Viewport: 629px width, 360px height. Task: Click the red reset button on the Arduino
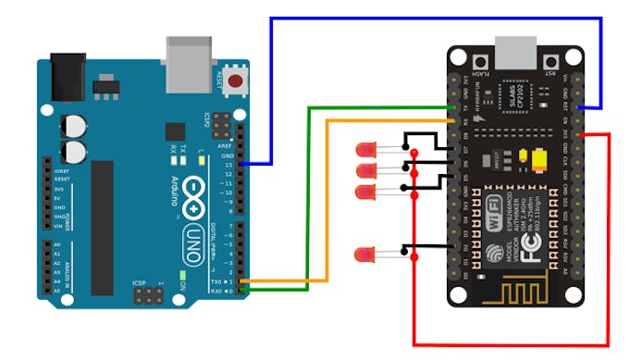coord(236,81)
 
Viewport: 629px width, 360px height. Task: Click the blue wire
coord(435,18)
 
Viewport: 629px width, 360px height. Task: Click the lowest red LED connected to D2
coord(366,254)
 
